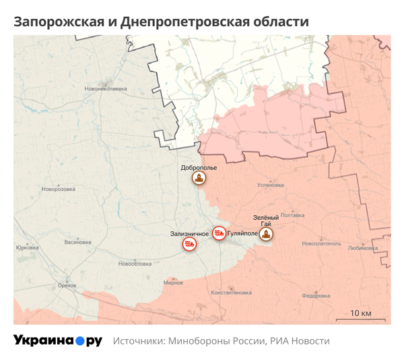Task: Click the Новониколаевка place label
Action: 105,88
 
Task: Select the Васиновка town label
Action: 77,242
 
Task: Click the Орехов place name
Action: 67,286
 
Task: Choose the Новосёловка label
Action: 135,264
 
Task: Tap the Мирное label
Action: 174,282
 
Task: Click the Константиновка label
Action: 231,293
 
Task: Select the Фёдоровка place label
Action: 315,295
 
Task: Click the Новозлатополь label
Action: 322,243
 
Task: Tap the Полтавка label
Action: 292,215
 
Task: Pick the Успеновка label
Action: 271,184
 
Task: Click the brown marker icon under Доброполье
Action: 199,179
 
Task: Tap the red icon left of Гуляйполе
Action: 219,233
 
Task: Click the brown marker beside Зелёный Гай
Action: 267,235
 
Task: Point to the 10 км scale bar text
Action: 361,313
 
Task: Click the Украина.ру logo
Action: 58,340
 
